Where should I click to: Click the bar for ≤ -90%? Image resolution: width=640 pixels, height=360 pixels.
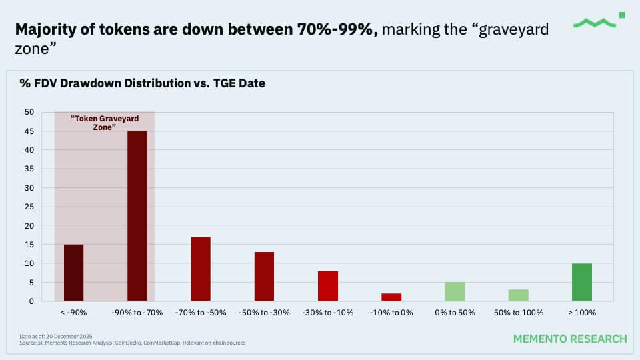[x=73, y=273]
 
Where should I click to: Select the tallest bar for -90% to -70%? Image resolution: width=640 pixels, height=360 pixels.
[x=137, y=216]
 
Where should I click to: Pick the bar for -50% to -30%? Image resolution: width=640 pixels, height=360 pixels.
[x=264, y=276]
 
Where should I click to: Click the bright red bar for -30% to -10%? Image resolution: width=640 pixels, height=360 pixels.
[x=328, y=286]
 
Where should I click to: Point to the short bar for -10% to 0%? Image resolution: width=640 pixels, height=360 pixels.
[x=391, y=297]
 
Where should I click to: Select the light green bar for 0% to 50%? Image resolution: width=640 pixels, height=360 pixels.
[x=455, y=291]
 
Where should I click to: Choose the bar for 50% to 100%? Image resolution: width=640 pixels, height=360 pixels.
[x=518, y=295]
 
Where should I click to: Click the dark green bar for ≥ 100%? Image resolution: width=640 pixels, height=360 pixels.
[x=581, y=282]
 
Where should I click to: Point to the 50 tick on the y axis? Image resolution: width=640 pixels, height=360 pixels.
[x=29, y=113]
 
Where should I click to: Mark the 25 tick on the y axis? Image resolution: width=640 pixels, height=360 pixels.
[x=29, y=207]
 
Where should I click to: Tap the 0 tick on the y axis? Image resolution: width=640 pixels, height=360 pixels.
[x=31, y=301]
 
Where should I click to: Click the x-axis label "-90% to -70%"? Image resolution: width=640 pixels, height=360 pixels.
[x=137, y=312]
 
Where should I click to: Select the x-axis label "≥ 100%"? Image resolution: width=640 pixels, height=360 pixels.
[x=581, y=312]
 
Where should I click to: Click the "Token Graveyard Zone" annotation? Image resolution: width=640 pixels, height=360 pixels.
[x=105, y=122]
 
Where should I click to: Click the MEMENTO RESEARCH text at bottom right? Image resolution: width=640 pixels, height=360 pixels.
[x=570, y=339]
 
